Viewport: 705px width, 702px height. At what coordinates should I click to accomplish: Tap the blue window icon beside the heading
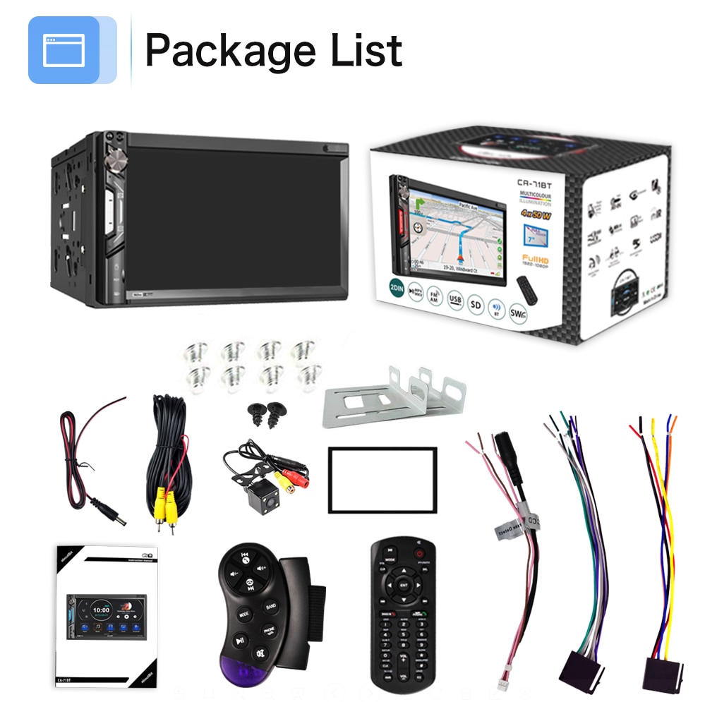pos(64,50)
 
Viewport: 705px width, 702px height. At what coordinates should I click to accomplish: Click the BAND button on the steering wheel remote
pos(271,607)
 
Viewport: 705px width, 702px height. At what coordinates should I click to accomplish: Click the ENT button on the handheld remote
pos(403,585)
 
